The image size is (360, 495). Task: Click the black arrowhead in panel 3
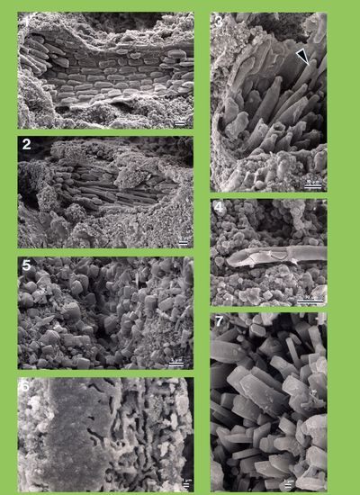click(x=302, y=58)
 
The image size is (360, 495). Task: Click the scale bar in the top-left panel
click(x=181, y=122)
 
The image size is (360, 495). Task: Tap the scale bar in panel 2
click(x=183, y=241)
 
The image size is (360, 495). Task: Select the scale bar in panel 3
click(x=313, y=184)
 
